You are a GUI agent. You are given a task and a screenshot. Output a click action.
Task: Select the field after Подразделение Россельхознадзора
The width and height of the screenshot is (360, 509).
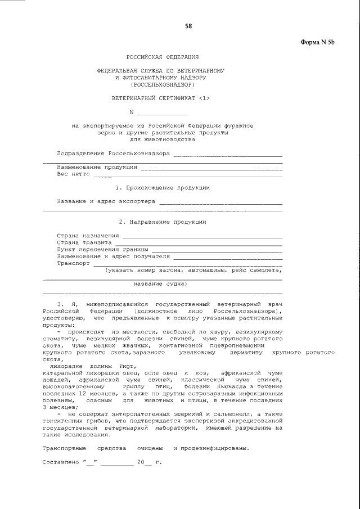pyautogui.click(x=227, y=154)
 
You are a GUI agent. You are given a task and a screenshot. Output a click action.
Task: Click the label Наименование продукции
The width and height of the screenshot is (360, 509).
pyautogui.click(x=97, y=167)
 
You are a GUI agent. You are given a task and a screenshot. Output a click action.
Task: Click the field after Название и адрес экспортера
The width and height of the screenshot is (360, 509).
pyautogui.click(x=220, y=201)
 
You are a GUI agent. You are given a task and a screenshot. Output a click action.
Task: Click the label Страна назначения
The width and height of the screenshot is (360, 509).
pyautogui.click(x=88, y=236)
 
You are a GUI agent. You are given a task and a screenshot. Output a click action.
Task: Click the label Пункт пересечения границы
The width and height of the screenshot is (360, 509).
pyautogui.click(x=102, y=249)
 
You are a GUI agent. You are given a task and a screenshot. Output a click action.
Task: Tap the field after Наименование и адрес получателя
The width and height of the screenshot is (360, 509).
pyautogui.click(x=227, y=256)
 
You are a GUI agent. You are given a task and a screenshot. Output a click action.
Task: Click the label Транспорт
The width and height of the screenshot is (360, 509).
pyautogui.click(x=73, y=263)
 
